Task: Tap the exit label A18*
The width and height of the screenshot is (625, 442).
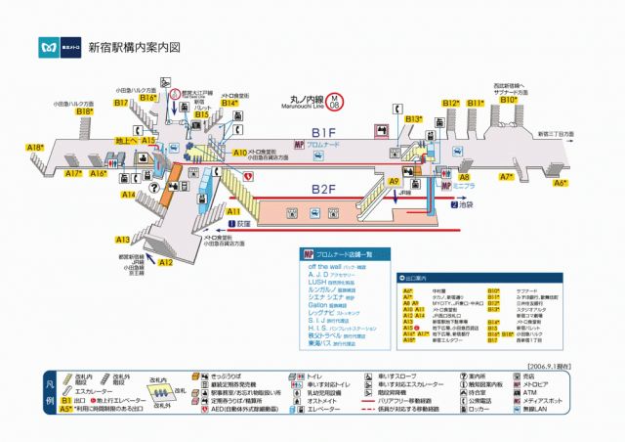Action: pos(35,148)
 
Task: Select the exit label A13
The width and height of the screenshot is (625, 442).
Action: pos(123,239)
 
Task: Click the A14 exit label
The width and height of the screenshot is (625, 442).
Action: pos(129,195)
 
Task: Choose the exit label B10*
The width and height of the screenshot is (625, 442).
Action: pos(509,100)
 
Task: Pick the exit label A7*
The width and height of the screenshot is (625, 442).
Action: pos(507,177)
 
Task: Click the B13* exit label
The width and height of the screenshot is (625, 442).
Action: pos(414,119)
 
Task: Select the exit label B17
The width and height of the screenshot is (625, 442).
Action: pos(121,102)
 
